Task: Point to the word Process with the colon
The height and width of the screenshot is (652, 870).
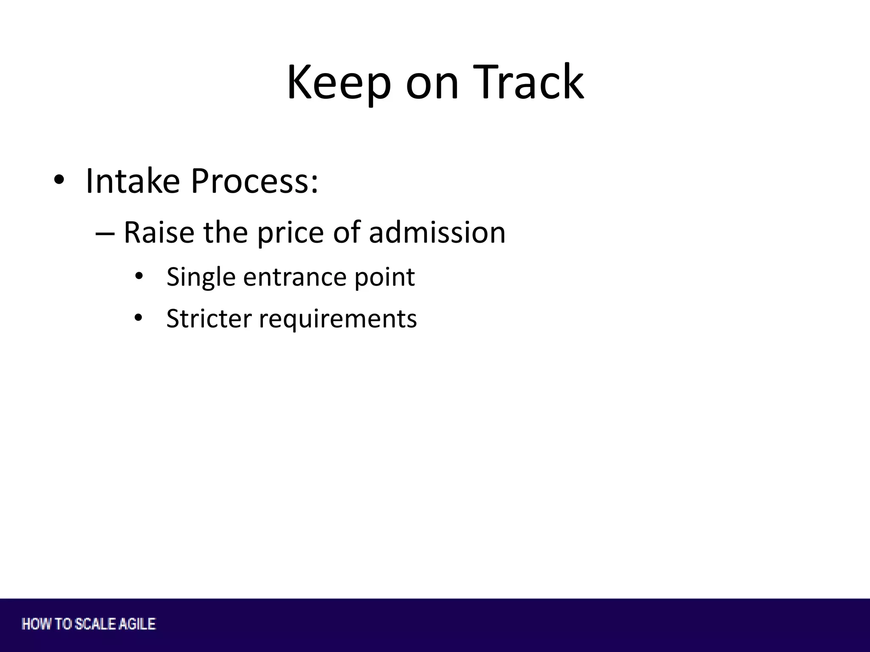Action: click(254, 182)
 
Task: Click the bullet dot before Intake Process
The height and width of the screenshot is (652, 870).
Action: click(59, 180)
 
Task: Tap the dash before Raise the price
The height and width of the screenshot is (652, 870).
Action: click(105, 233)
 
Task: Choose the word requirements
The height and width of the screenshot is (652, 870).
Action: click(338, 320)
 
